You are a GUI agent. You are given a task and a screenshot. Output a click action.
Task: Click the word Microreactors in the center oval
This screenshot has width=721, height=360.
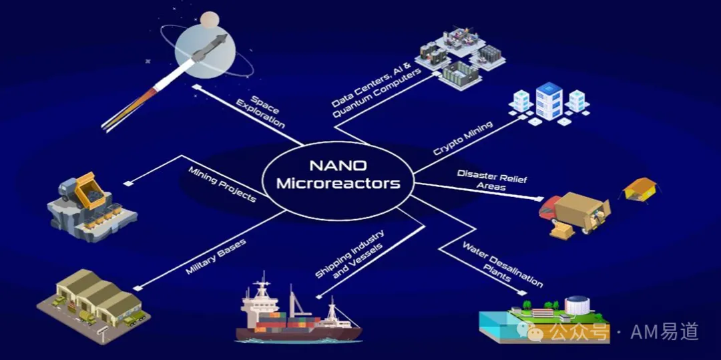pos(340,184)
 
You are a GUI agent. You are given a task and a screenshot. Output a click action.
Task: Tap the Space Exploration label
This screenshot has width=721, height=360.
pos(262,112)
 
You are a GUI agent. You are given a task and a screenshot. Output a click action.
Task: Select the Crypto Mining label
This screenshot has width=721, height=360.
pos(463,138)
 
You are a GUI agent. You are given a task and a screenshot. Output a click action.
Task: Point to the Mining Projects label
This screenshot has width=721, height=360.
pos(222,184)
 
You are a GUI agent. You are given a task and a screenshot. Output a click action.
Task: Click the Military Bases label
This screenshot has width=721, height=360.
pos(215,256)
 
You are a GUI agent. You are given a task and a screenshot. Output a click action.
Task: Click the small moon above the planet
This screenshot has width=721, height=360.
pos(210,18)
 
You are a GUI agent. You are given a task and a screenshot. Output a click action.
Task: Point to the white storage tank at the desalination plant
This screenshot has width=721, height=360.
pos(577,305)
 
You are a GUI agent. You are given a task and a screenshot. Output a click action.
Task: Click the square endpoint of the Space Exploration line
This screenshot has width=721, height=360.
pos(197,87)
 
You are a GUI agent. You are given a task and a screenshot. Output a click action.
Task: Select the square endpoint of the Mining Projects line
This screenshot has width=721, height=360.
pos(128,184)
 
